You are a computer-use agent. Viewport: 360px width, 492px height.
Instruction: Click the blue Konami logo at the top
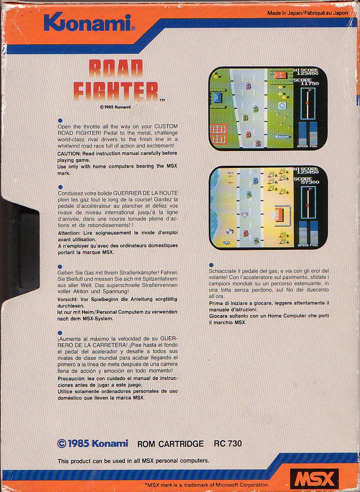[x=90, y=23]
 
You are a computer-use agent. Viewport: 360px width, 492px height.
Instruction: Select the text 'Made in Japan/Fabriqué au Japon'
[x=308, y=13]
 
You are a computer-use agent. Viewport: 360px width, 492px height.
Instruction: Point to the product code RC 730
[x=228, y=443]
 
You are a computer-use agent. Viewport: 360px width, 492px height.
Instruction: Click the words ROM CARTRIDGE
[x=170, y=444]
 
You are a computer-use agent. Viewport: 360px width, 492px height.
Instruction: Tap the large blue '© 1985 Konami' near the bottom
[x=93, y=443]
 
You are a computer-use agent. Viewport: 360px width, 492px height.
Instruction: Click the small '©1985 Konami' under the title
[x=115, y=107]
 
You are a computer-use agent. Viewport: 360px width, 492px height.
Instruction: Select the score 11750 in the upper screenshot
[x=310, y=83]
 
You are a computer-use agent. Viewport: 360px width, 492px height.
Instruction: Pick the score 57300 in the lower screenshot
[x=310, y=182]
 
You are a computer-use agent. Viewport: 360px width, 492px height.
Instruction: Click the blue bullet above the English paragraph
[x=60, y=120]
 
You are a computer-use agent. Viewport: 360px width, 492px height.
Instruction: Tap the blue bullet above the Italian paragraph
[x=211, y=265]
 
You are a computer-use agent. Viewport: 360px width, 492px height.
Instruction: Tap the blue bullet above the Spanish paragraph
[x=60, y=333]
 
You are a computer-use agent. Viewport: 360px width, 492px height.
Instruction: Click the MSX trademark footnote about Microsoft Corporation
[x=206, y=485]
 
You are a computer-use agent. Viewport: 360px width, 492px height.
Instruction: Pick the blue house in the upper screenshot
[x=217, y=97]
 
